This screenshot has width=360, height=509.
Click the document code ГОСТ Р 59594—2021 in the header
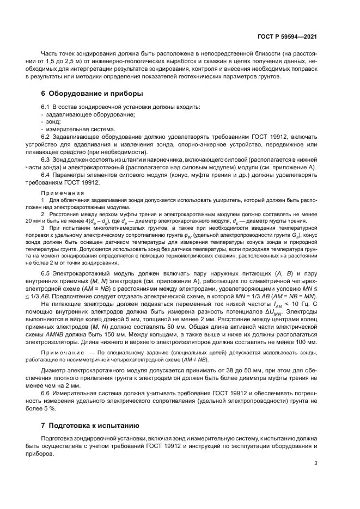tap(287, 37)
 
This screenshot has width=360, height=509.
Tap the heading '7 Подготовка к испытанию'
tap(90, 425)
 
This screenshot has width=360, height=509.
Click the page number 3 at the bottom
tap(315, 463)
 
